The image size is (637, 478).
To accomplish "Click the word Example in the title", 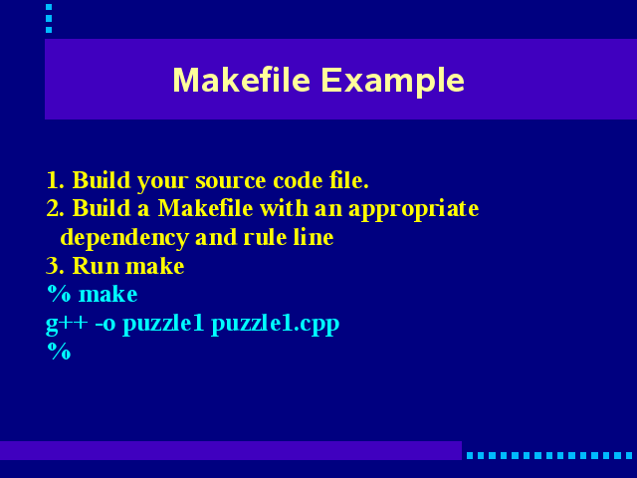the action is [392, 82].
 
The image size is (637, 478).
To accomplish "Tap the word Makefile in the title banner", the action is [242, 80].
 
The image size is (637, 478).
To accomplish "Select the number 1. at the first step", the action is [56, 180].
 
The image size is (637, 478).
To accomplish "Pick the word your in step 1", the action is [162, 182].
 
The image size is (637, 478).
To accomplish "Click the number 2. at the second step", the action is [56, 208].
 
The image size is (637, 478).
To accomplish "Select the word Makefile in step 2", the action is [206, 208].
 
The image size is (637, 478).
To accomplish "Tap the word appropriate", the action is [414, 210].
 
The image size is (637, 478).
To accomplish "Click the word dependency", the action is [124, 238].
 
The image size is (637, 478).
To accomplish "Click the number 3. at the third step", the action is [56, 266].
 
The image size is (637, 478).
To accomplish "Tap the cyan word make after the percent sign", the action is [108, 294].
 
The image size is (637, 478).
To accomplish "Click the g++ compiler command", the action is [67, 325].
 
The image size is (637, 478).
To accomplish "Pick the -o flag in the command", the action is [106, 325].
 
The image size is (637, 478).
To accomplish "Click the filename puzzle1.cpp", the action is [276, 325].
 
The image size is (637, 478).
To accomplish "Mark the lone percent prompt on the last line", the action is [59, 352].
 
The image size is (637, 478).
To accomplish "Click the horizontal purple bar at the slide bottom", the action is [231, 450].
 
